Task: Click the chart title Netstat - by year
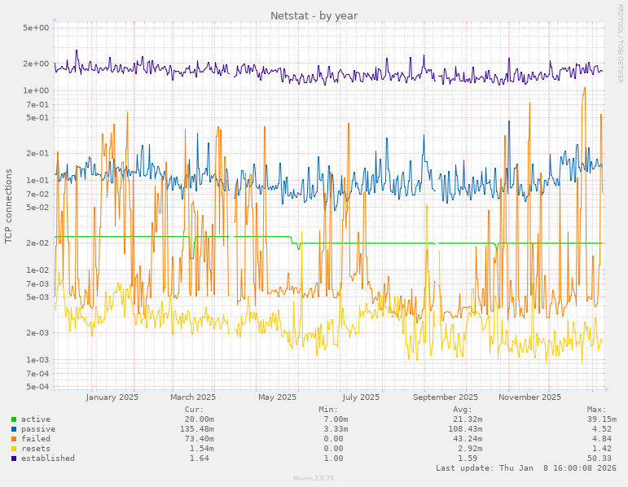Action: pos(314,15)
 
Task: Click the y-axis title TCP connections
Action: pos(9,206)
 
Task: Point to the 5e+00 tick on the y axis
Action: pos(37,28)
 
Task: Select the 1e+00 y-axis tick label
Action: pos(37,90)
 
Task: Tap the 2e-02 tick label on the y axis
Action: pos(37,243)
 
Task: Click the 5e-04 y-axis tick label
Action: pos(37,387)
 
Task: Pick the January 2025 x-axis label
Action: pos(112,397)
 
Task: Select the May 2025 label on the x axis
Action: pos(277,397)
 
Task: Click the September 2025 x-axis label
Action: pos(446,397)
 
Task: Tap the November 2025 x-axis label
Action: pos(530,397)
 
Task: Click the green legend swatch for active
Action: pos(14,419)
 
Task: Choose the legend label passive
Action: pos(37,429)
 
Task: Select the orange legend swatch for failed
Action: pos(14,439)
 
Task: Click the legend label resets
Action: pos(35,449)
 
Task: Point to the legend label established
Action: pos(47,458)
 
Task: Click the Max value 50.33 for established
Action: pos(599,458)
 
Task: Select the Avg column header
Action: pos(462,410)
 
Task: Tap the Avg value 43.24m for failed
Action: pos(467,439)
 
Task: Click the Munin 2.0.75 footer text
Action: pos(314,478)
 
